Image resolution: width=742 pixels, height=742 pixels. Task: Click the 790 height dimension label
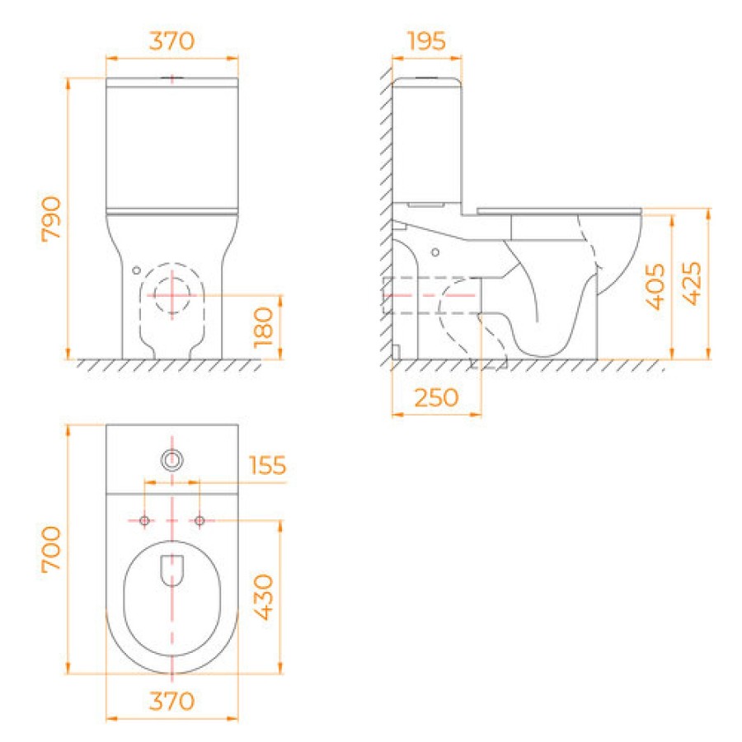51,219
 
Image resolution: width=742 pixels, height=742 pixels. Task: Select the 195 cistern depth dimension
426,41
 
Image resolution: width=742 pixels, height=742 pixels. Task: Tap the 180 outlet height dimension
263,327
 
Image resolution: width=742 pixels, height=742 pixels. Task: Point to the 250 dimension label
436,397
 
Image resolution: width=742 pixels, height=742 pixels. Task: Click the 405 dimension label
655,286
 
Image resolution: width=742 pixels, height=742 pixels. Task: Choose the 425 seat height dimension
692,284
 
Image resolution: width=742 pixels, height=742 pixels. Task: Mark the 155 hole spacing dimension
268,465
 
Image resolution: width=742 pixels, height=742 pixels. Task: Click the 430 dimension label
263,597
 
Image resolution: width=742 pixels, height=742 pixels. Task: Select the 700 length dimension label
51,549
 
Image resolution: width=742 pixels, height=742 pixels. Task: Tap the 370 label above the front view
171,41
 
